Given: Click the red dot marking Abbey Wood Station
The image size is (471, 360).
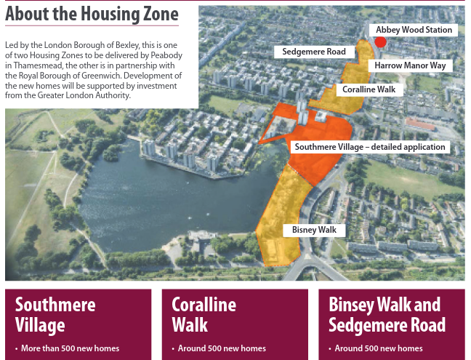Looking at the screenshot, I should point(380,42).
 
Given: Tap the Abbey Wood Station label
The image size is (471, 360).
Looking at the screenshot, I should point(414,30).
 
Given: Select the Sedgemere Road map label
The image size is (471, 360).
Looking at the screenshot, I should point(314,52).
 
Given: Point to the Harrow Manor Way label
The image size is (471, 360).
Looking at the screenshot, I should point(409,65).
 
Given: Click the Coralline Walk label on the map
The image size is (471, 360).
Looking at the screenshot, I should point(370,89).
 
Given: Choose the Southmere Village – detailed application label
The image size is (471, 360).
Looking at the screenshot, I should point(369,147).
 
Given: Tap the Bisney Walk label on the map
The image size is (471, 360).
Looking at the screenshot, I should point(314,230).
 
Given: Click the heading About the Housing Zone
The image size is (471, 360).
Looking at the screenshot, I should point(92,14).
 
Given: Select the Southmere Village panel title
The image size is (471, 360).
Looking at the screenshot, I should point(55,314).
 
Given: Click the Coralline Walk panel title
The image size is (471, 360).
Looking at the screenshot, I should point(204,314).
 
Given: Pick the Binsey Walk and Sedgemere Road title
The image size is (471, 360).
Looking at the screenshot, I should point(385,314).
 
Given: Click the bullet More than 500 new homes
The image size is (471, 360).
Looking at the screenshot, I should point(70,348).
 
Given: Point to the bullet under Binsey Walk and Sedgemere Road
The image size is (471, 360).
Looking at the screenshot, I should point(378,348).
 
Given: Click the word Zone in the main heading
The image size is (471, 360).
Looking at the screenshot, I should point(158,14).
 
